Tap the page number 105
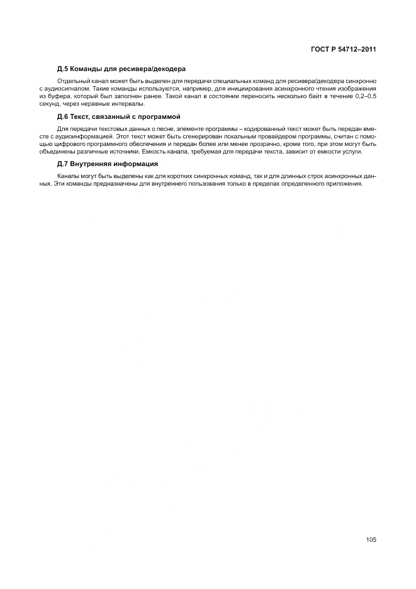[370, 539]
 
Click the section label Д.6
[62, 117]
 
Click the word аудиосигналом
[63, 90]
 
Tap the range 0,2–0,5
[363, 97]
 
